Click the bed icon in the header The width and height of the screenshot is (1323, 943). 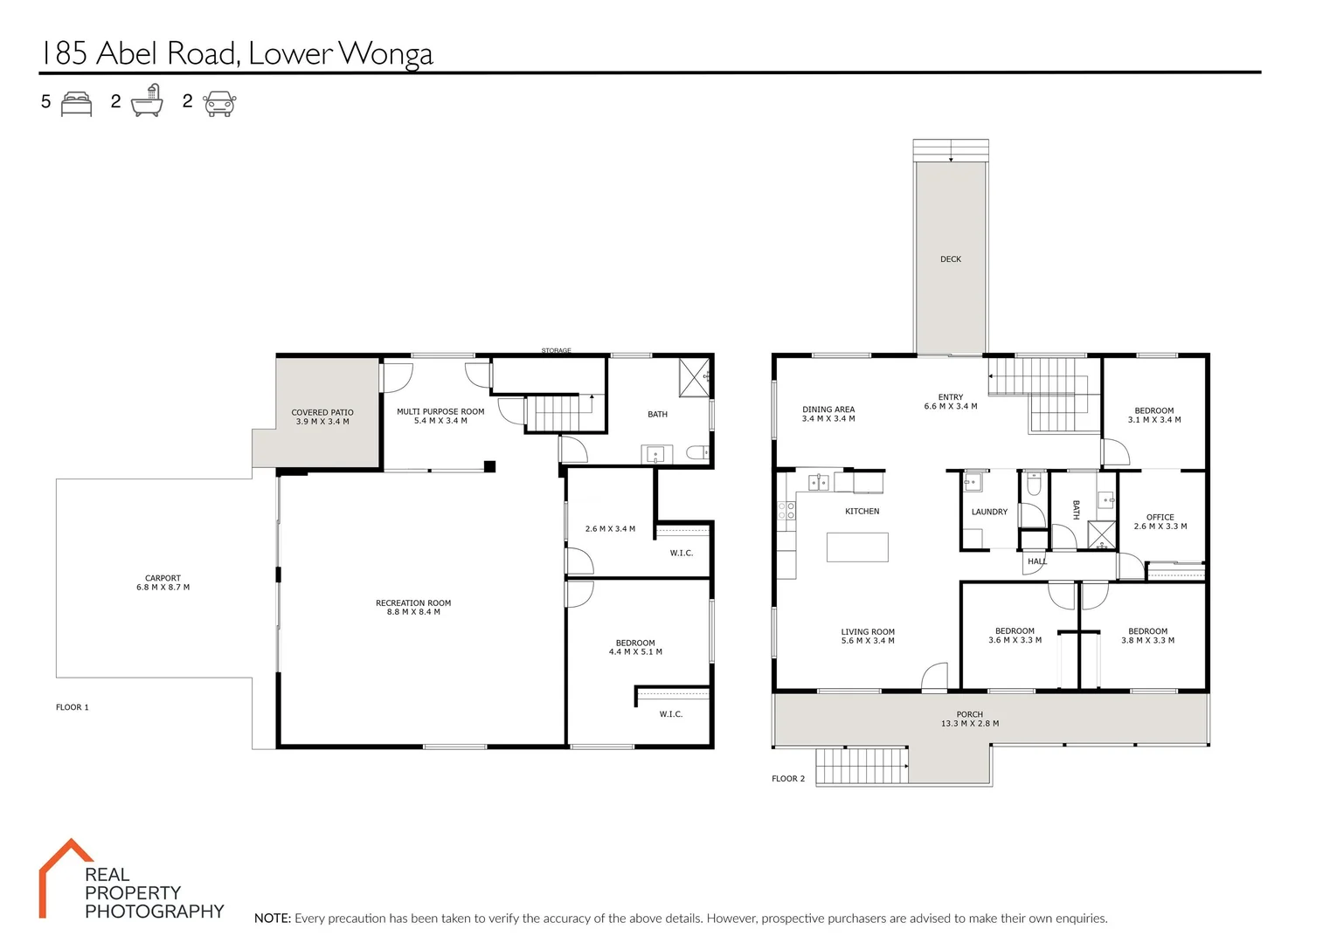coord(77,103)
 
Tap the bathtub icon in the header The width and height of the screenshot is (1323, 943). coord(147,101)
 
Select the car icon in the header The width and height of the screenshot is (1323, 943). coord(219,103)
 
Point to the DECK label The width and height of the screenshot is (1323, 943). coord(951,259)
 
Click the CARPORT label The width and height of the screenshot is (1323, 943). coord(163,578)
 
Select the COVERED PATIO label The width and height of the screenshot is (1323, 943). coord(322,412)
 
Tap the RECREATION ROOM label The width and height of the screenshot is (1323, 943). coord(413,603)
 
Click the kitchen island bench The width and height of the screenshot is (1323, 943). coord(857,547)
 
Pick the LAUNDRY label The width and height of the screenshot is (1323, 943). coord(989,512)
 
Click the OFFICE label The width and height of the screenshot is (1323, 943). coord(1160,517)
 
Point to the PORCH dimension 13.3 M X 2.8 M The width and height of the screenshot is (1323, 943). coord(970,724)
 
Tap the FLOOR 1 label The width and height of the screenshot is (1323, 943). coord(73,707)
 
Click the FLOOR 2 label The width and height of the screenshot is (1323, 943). coord(788,779)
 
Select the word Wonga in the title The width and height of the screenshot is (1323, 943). coord(385,54)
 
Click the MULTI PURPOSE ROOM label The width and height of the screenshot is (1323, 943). coord(440,411)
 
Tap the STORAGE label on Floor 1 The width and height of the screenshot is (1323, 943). coord(556,351)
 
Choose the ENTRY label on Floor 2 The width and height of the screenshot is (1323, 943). coord(951,397)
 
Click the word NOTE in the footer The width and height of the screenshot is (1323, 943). coord(272,919)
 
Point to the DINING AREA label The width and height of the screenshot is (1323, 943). coord(828,410)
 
